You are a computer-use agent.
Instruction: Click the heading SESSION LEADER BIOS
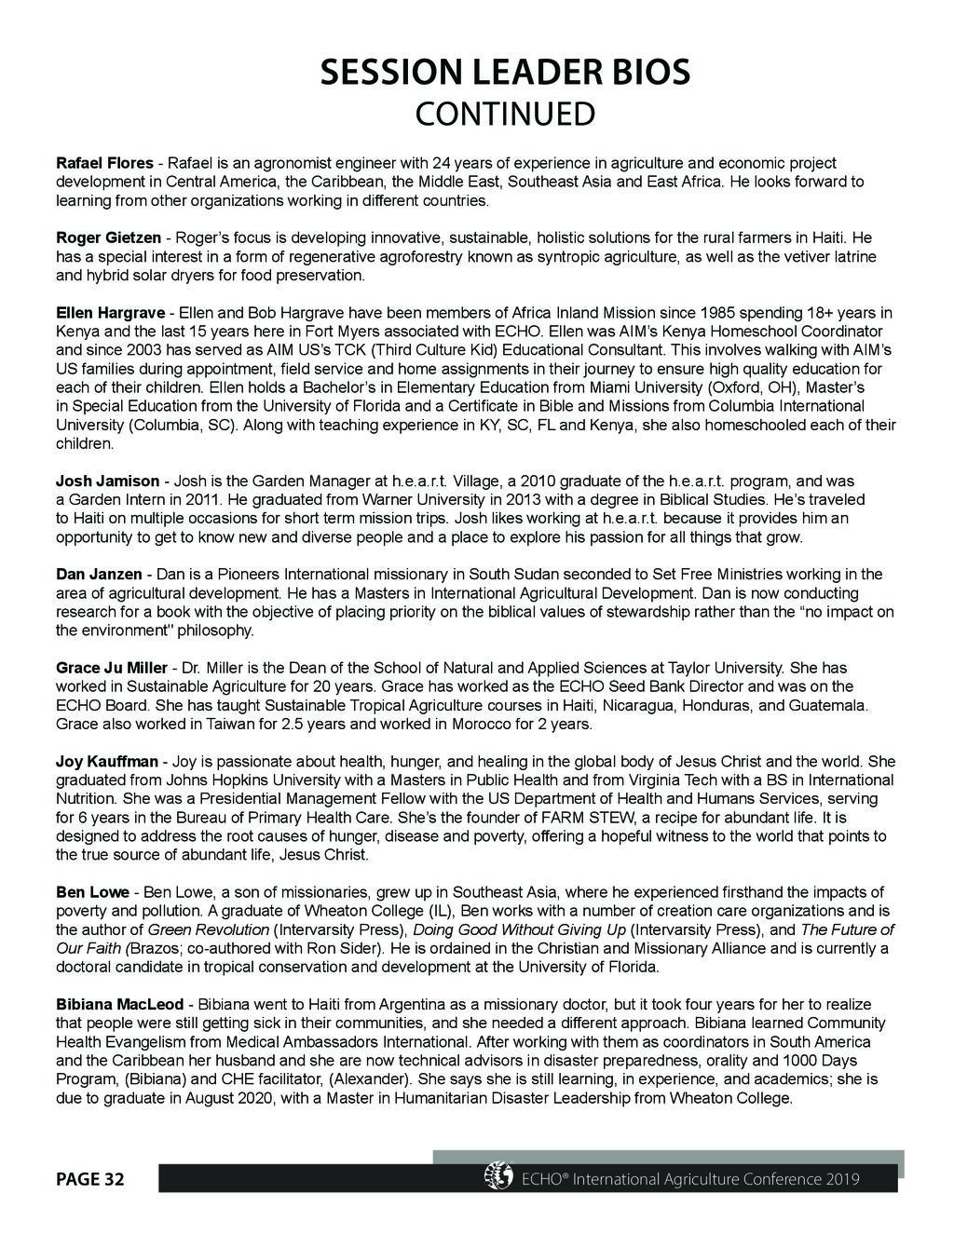(505, 73)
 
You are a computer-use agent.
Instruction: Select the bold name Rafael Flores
(104, 163)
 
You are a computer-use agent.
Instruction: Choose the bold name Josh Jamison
(107, 481)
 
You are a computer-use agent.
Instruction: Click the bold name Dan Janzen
(99, 574)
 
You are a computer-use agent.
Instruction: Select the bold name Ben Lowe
(93, 892)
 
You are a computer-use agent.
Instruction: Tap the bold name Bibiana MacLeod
(121, 1004)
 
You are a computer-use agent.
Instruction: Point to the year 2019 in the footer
(841, 1180)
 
